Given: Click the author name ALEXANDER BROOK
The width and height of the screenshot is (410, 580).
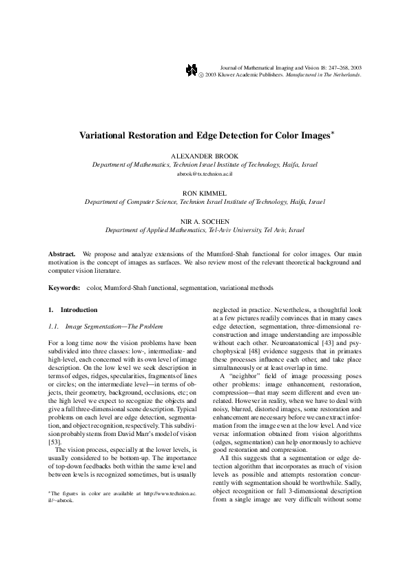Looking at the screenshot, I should [x=205, y=156].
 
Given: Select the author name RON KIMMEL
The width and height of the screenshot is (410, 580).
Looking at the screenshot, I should [x=205, y=194].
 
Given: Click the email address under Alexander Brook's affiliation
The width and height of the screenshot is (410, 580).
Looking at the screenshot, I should [x=205, y=175].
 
